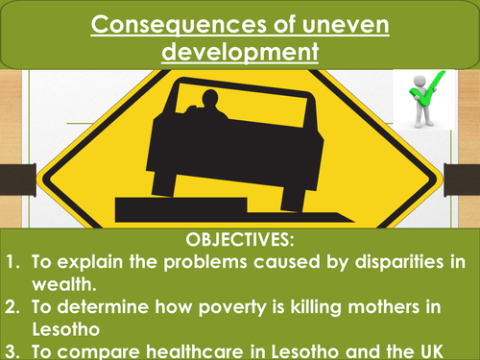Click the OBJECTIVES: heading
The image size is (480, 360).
click(x=240, y=236)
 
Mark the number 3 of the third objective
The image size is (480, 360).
click(x=11, y=351)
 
